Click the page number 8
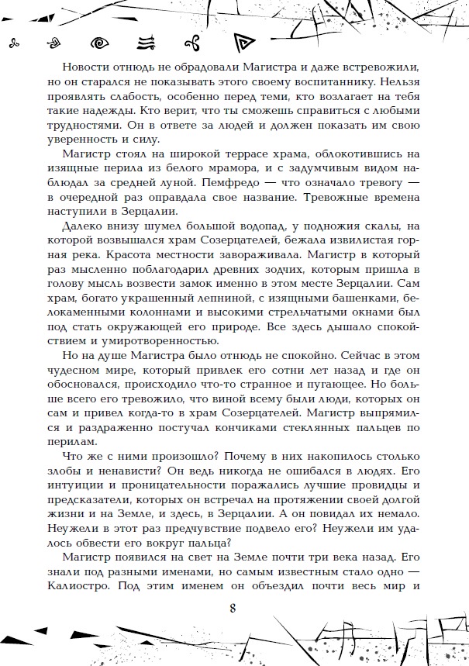(x=233, y=606)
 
